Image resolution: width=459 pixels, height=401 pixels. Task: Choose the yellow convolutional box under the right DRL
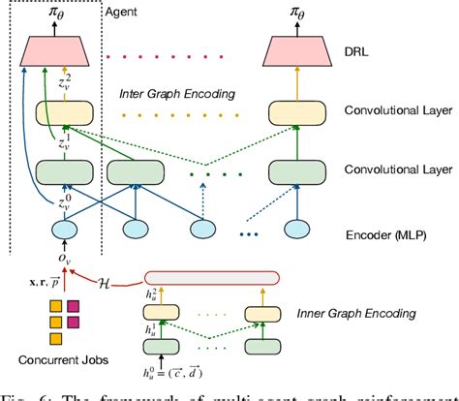(x=293, y=114)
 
